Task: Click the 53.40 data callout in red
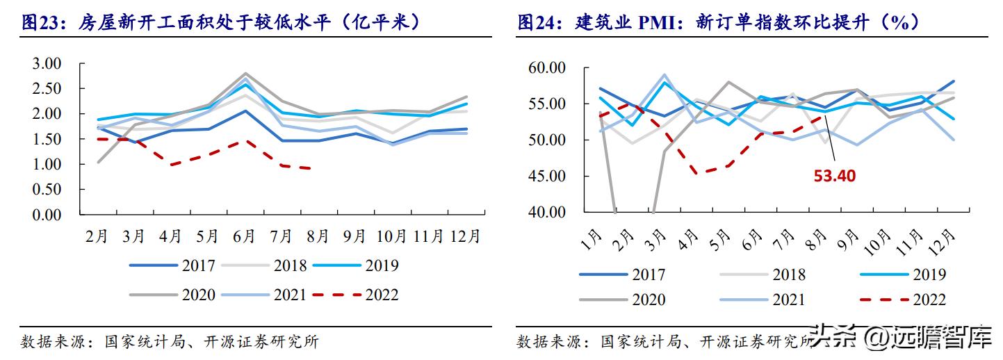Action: [834, 177]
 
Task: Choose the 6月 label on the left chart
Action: [244, 236]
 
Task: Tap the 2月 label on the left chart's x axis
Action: [97, 236]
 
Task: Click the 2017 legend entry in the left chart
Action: [172, 265]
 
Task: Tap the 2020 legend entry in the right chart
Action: [623, 300]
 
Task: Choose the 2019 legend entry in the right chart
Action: [903, 274]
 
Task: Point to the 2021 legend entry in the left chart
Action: [263, 295]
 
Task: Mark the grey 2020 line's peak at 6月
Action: [245, 74]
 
